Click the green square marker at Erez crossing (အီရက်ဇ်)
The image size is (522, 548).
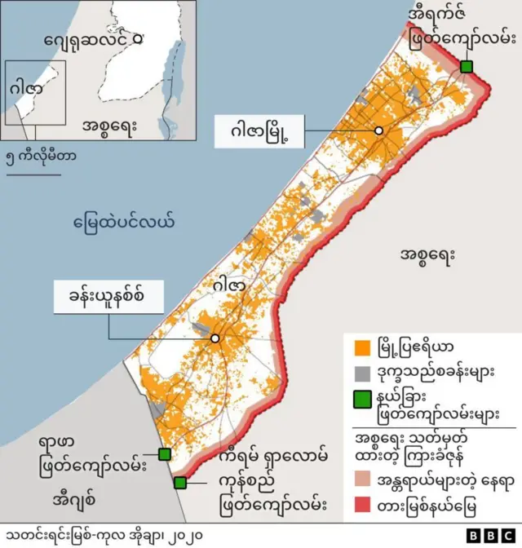pos(467,67)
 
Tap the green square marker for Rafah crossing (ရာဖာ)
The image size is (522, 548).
pos(164,454)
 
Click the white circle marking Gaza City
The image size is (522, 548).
pos(378,131)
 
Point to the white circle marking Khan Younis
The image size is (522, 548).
pos(215,338)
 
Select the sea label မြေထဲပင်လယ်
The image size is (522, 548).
pos(124,221)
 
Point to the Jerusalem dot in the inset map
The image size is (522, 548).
pos(136,38)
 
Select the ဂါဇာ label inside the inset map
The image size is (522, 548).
pos(27,89)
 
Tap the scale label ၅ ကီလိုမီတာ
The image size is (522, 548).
pos(41,155)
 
